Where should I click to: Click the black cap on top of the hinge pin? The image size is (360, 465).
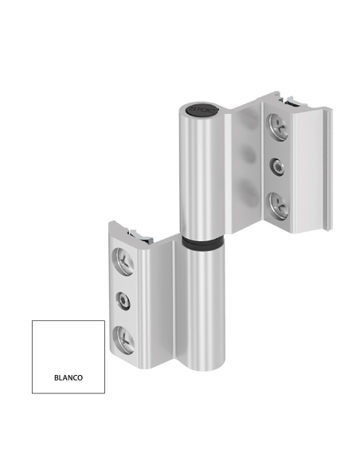point(197,108)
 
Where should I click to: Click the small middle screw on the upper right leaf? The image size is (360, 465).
point(276,166)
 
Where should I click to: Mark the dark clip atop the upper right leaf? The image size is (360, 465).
point(294,101)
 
